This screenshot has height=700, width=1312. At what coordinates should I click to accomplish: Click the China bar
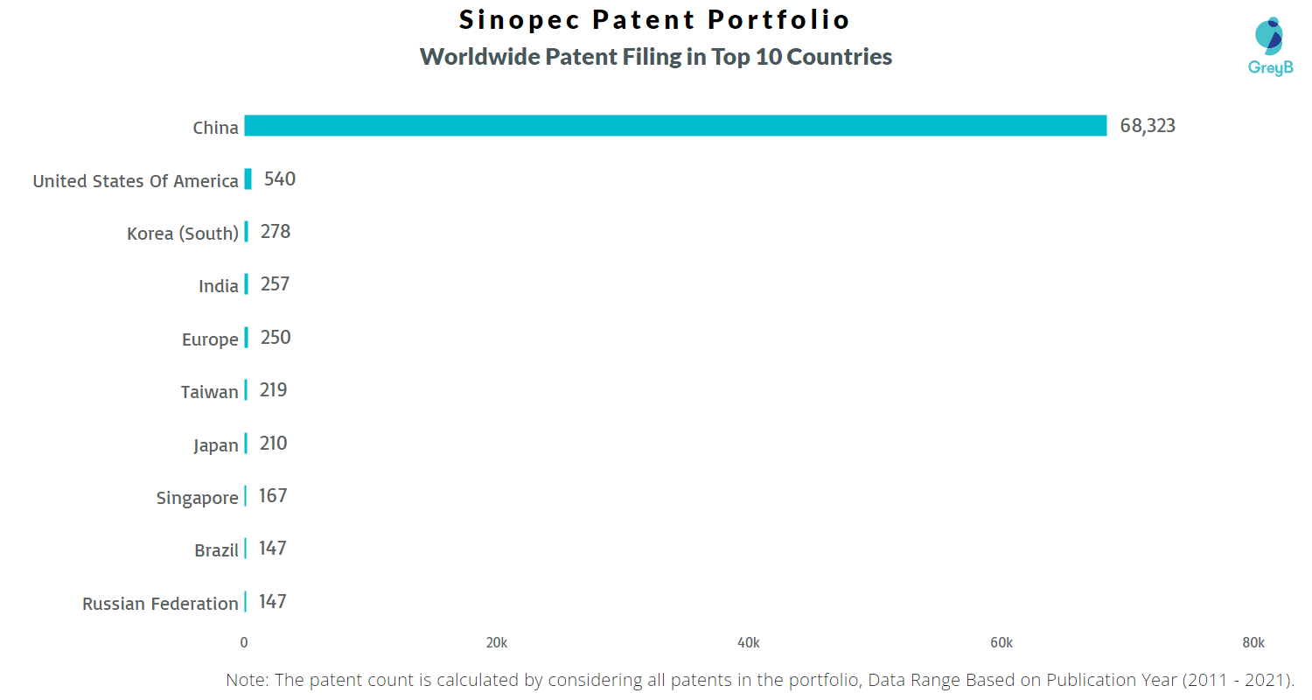[675, 125]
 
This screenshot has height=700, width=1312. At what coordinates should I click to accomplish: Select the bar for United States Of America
[248, 178]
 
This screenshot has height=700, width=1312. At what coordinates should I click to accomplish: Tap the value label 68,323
[1148, 125]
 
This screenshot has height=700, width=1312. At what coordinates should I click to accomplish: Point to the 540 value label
[279, 178]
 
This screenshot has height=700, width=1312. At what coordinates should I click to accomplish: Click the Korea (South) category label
[183, 233]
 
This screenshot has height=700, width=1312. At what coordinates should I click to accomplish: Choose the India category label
[219, 286]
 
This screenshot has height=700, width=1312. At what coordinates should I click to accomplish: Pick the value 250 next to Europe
[276, 338]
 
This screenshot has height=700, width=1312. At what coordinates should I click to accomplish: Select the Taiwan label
[210, 391]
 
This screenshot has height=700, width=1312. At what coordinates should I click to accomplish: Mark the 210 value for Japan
[273, 444]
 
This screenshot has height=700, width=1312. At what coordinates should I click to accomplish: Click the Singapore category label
[198, 498]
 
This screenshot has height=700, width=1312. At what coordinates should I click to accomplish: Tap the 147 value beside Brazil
[272, 549]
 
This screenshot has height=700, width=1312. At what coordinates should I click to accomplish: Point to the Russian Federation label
[160, 604]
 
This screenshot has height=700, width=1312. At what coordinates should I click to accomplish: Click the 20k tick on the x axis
[497, 642]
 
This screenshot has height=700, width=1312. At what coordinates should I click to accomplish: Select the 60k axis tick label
[1001, 642]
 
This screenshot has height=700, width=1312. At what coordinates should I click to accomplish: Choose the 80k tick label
[1253, 642]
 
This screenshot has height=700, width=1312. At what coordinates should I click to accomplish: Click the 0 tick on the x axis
[244, 642]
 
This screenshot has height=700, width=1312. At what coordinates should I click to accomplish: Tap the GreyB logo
[1270, 46]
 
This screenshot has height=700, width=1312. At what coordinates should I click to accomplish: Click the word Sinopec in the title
[520, 20]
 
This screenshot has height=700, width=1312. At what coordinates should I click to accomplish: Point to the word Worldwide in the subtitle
[479, 57]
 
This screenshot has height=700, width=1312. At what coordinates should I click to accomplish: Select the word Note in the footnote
[247, 680]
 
